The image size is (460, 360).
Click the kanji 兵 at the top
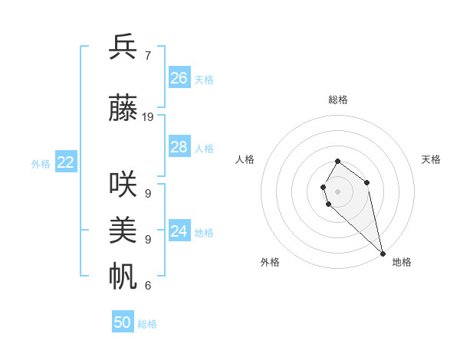(123, 47)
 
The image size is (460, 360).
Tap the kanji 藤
(123, 108)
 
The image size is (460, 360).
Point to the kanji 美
(123, 230)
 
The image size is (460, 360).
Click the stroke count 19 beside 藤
(148, 117)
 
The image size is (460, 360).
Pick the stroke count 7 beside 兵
(147, 56)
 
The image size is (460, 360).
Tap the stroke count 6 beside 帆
(147, 286)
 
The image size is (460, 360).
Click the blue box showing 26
(179, 78)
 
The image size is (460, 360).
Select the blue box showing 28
(179, 147)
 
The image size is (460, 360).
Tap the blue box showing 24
(179, 231)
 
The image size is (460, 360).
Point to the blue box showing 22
(66, 162)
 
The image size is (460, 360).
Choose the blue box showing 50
(123, 322)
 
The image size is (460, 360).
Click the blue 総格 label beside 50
(147, 324)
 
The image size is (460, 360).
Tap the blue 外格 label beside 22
(41, 163)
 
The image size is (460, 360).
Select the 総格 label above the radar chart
(338, 100)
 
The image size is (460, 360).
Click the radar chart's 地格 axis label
(402, 262)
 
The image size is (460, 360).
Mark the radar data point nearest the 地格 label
(382, 253)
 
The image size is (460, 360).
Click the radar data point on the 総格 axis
(337, 162)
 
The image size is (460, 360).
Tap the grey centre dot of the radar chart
(337, 191)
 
